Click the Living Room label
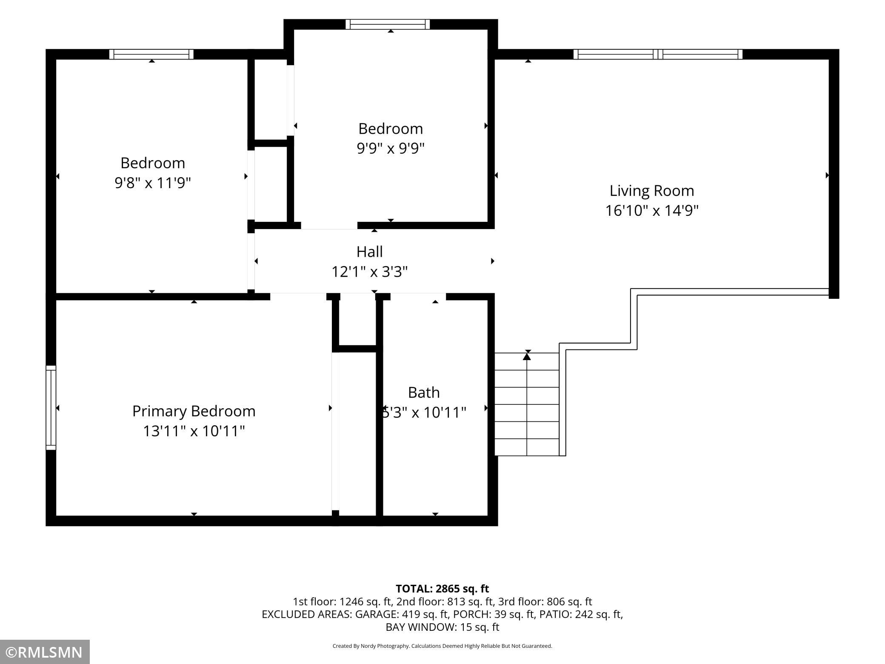click(x=652, y=191)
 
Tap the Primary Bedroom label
click(x=194, y=411)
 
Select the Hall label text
click(x=369, y=252)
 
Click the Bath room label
click(x=424, y=392)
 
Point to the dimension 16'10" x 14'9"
click(x=652, y=210)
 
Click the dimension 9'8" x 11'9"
click(x=153, y=183)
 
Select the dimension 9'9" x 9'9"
click(x=391, y=148)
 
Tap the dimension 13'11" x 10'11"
click(x=194, y=431)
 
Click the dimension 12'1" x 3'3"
click(x=369, y=272)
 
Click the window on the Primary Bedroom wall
click(x=51, y=407)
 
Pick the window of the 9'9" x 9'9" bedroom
click(x=388, y=24)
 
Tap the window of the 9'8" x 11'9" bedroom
click(x=151, y=54)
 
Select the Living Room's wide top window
click(x=658, y=54)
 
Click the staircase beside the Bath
click(x=527, y=404)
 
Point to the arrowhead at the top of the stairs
click(x=527, y=356)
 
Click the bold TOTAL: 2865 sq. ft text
click(x=442, y=589)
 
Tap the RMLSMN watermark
click(x=45, y=652)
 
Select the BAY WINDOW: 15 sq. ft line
click(x=442, y=627)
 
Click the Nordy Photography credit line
click(x=442, y=646)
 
